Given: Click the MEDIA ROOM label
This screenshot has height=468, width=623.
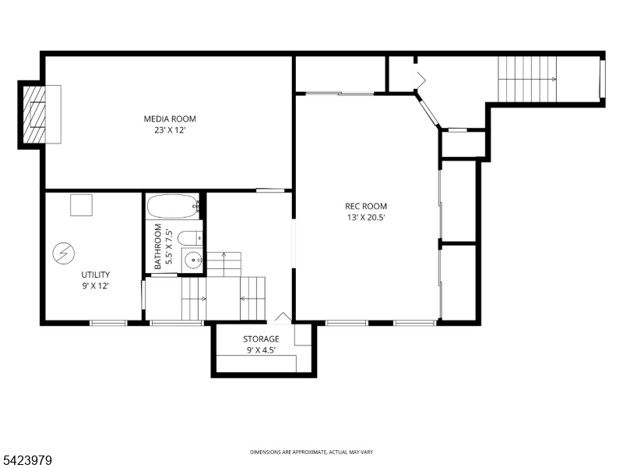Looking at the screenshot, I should pyautogui.click(x=170, y=119).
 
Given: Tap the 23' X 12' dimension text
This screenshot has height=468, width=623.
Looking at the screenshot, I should pyautogui.click(x=170, y=130).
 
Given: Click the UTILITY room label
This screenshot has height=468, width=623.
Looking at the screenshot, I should pyautogui.click(x=96, y=275).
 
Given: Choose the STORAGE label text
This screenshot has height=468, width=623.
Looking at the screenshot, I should pyautogui.click(x=260, y=339).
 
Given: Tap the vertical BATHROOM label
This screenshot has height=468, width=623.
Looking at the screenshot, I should pyautogui.click(x=158, y=246).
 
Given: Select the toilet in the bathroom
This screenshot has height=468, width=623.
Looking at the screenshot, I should pyautogui.click(x=189, y=237).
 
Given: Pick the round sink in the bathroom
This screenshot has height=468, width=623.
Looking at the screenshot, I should pyautogui.click(x=192, y=261).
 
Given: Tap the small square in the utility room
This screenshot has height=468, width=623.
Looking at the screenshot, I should pyautogui.click(x=81, y=205).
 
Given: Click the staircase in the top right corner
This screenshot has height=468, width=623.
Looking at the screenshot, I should pyautogui.click(x=528, y=79).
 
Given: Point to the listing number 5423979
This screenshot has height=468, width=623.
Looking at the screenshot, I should pyautogui.click(x=27, y=461).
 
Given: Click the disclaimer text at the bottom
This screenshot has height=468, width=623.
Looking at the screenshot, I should pyautogui.click(x=311, y=452).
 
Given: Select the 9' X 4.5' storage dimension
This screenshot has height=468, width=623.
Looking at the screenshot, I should pyautogui.click(x=260, y=350).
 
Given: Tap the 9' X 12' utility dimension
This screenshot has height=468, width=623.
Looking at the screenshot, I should pyautogui.click(x=96, y=285).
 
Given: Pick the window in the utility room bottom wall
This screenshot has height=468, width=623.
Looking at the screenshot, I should pyautogui.click(x=108, y=323).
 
